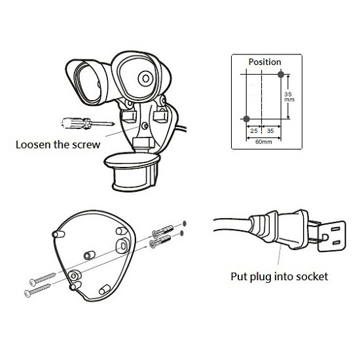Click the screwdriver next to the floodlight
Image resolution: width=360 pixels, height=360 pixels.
(88, 123)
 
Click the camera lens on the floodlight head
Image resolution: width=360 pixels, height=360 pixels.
(145, 79)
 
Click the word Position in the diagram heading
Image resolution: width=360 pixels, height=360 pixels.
(264, 62)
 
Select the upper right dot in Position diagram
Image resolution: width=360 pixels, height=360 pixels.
(281, 75)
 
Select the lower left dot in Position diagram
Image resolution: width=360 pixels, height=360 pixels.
(246, 119)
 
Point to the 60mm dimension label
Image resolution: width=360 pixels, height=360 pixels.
(264, 142)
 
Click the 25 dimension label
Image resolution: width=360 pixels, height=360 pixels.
(254, 131)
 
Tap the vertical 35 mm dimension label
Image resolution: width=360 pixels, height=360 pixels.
(289, 97)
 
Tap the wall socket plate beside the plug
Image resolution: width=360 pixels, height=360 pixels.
(332, 236)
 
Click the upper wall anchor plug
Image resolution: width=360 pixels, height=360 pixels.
(162, 231)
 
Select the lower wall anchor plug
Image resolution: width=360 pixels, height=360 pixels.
(160, 241)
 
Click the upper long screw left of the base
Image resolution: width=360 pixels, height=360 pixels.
(43, 279)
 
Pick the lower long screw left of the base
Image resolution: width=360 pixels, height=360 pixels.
(38, 290)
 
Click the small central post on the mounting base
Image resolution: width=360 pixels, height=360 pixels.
(89, 255)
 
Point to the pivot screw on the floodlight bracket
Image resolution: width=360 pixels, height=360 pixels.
(145, 126)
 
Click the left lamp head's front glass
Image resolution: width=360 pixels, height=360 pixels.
(88, 84)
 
